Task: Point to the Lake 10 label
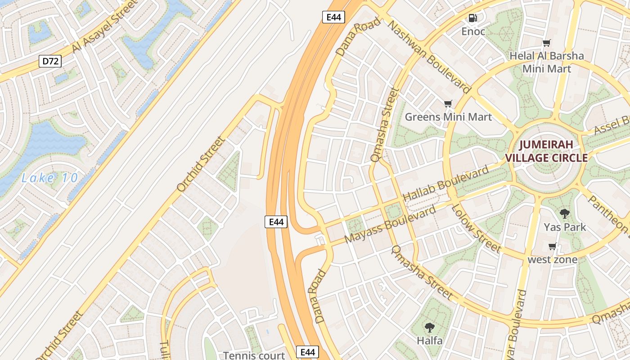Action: point(49,178)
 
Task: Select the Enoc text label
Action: point(473,31)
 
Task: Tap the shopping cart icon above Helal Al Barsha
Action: point(547,43)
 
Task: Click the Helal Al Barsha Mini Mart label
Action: point(547,63)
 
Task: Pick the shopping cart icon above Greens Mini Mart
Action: point(448,104)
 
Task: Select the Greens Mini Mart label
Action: point(448,117)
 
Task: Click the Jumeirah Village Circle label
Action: point(546,151)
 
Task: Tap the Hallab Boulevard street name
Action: point(445,184)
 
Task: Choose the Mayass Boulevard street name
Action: point(390,225)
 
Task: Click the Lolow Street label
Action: point(476,228)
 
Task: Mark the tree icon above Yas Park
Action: point(564,213)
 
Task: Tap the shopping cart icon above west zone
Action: point(553,246)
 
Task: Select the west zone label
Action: point(553,260)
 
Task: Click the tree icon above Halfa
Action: point(430,327)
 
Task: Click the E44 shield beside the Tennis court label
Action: point(307,352)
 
